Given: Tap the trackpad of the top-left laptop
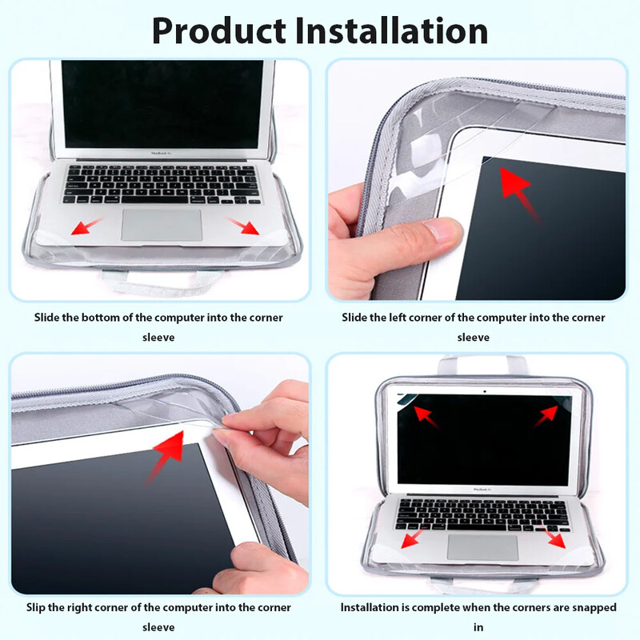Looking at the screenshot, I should (162, 226).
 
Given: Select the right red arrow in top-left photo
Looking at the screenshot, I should (242, 226).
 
